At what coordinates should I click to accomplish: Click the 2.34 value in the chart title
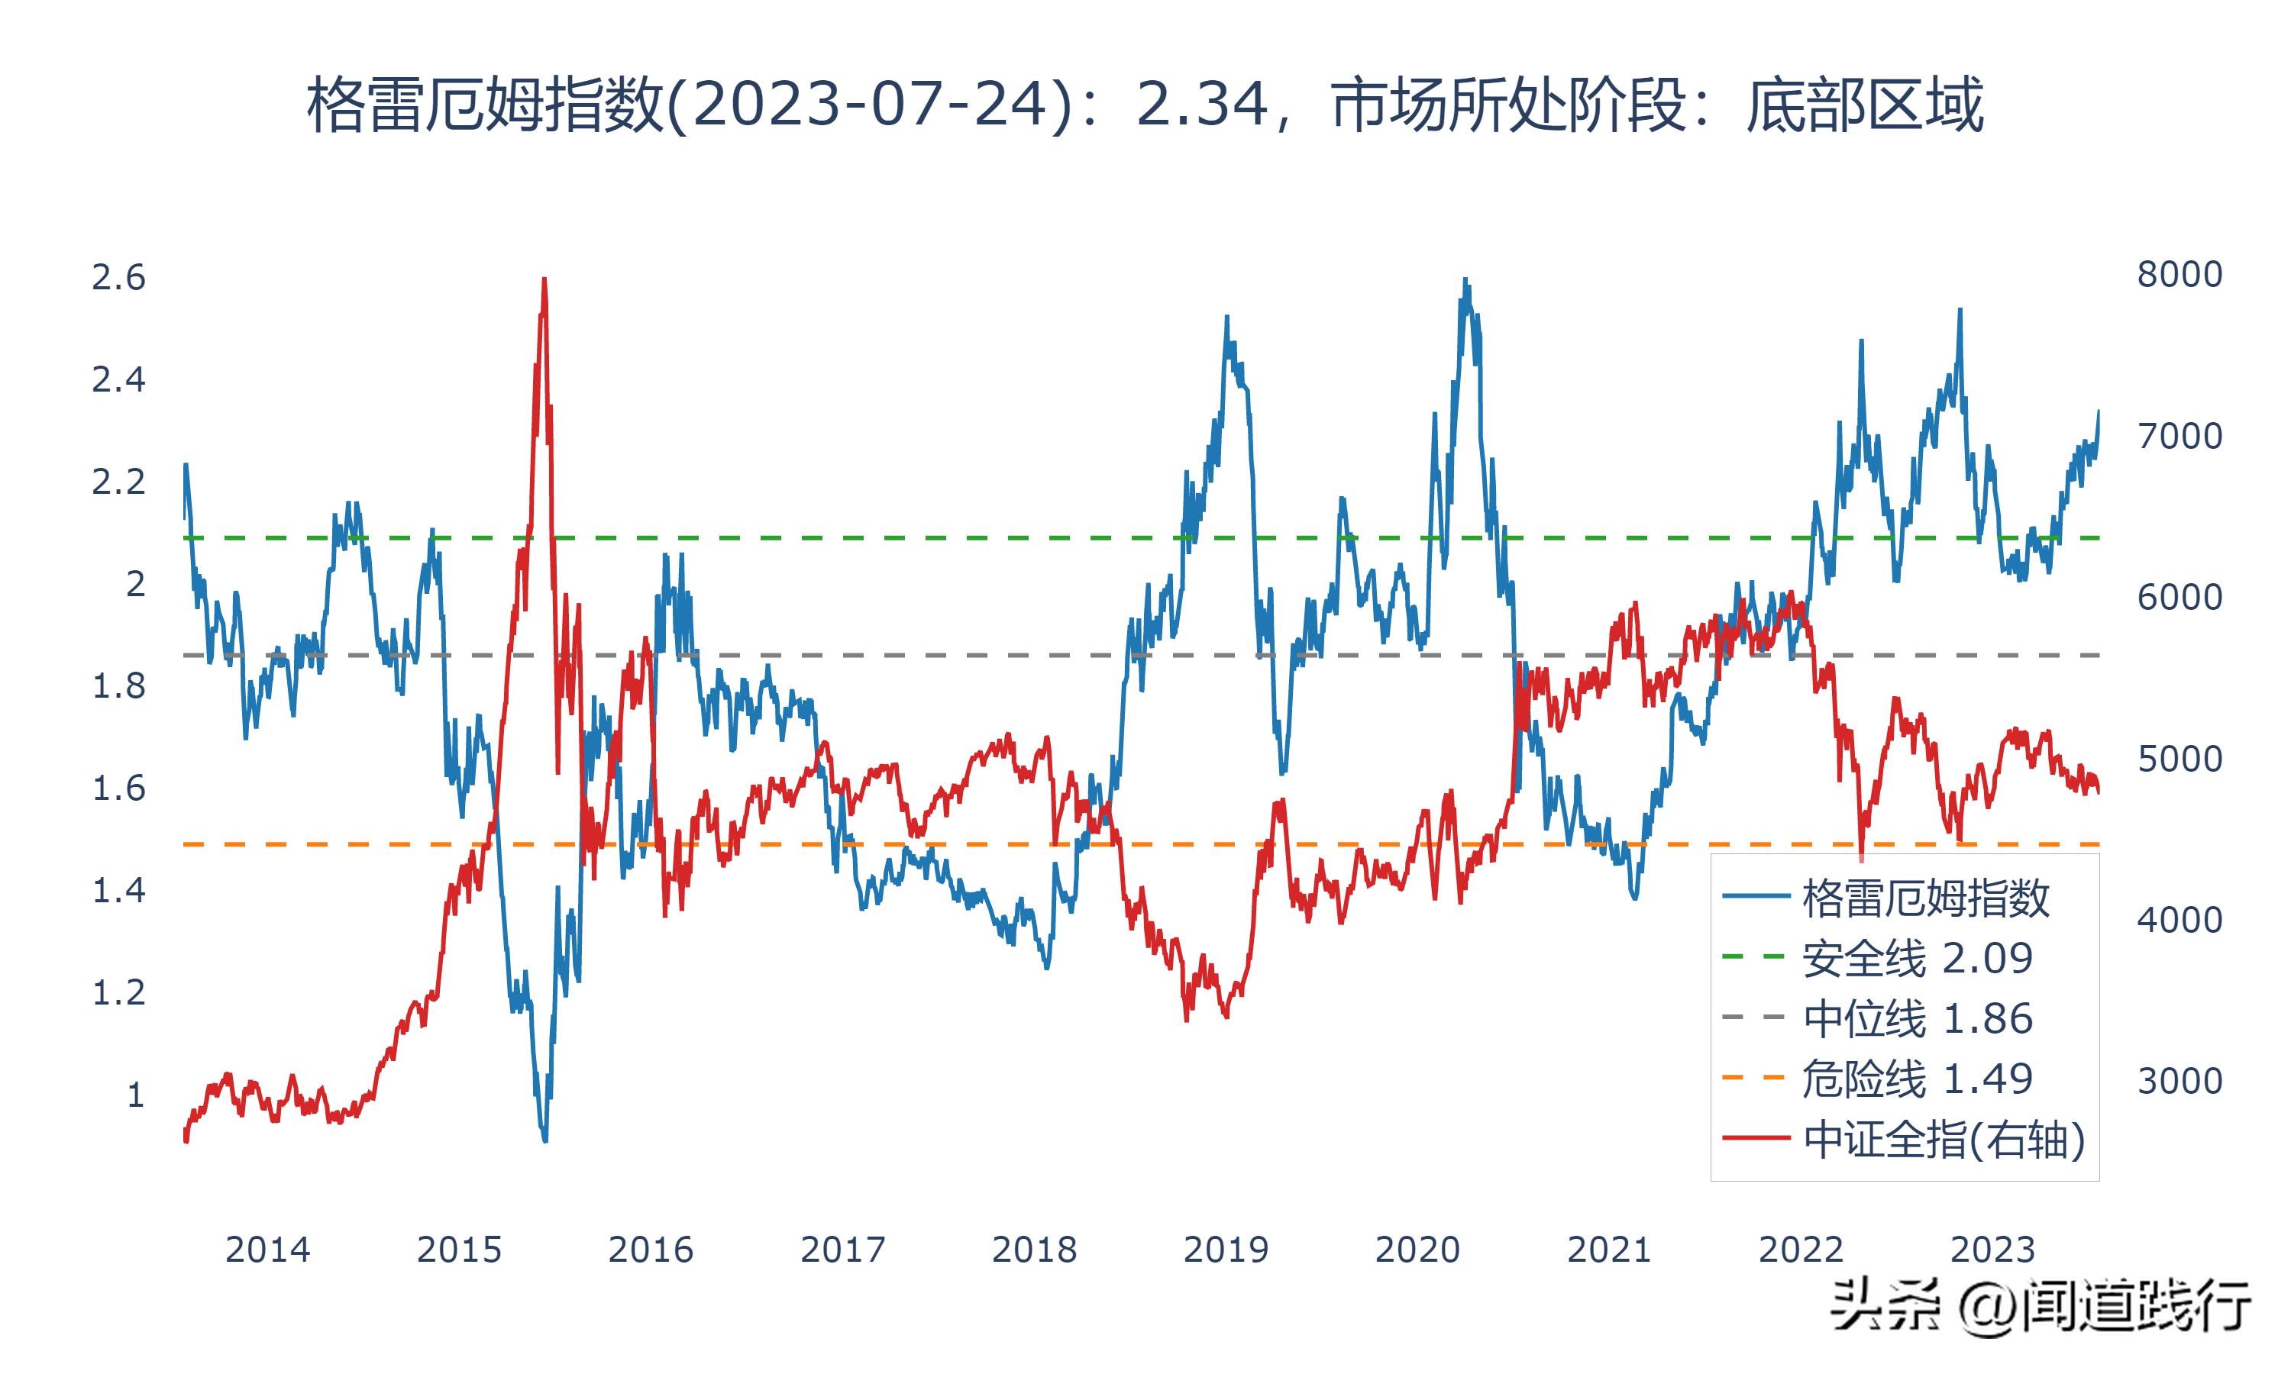pyautogui.click(x=1202, y=104)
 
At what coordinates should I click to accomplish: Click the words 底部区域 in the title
pyautogui.click(x=1863, y=104)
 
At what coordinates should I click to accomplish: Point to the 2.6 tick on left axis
pyautogui.click(x=118, y=278)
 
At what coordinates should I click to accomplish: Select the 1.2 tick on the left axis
pyautogui.click(x=118, y=992)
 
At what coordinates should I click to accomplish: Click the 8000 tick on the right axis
pyautogui.click(x=2179, y=275)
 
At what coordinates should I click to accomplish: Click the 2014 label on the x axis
pyautogui.click(x=267, y=1250)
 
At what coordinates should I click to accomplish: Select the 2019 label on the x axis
pyautogui.click(x=1225, y=1250)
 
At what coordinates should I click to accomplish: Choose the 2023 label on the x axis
pyautogui.click(x=1992, y=1250)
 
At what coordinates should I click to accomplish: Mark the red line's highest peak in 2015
pyautogui.click(x=544, y=279)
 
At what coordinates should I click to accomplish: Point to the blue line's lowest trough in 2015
pyautogui.click(x=544, y=1140)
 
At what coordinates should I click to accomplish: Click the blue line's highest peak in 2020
pyautogui.click(x=1465, y=279)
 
